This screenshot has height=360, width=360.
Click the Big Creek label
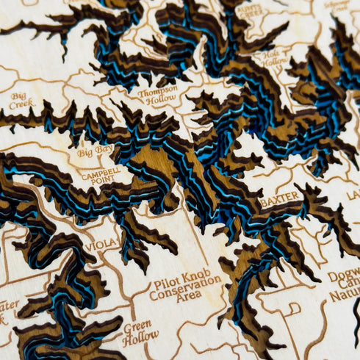coord(23,100)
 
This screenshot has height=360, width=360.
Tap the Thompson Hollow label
coord(157,95)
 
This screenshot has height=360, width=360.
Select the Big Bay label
coord(96,152)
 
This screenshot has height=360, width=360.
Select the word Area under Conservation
coord(189,297)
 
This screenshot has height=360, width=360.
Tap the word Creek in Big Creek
coord(24,105)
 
